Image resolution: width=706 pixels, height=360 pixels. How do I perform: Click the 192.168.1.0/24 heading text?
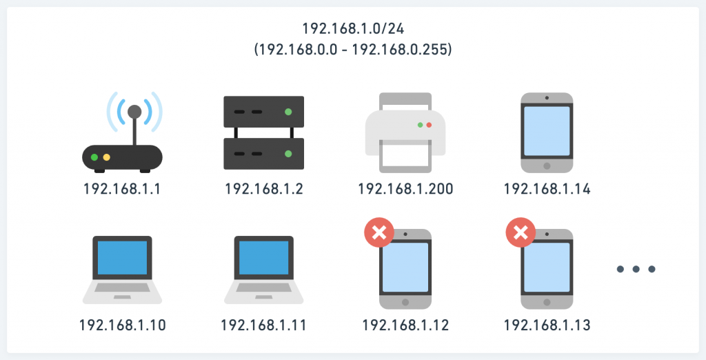(352, 29)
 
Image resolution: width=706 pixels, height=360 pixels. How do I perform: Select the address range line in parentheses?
(352, 50)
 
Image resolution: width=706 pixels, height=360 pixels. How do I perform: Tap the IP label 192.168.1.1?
(122, 188)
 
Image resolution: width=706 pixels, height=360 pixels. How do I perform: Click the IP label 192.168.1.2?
(264, 188)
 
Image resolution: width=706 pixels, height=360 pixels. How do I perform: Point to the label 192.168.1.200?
(406, 188)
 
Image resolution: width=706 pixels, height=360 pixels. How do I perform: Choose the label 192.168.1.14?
(547, 188)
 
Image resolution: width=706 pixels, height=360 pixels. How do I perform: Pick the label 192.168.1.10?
(122, 325)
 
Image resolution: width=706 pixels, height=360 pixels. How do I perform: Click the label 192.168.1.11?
(263, 325)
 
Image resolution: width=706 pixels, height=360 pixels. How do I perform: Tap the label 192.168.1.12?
(406, 325)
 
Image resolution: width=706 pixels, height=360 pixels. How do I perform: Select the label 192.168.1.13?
(547, 325)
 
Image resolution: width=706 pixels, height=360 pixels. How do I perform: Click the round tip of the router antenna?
(134, 111)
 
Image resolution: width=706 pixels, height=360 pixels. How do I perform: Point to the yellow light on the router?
(107, 157)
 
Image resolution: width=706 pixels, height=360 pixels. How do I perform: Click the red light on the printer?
(429, 126)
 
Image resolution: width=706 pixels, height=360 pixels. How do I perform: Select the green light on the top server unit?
(288, 111)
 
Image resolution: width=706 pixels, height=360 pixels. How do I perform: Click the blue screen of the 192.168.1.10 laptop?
(122, 258)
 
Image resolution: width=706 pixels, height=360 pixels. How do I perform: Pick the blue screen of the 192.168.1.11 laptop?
(264, 258)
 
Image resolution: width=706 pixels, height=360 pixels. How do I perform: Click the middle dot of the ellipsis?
(636, 269)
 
